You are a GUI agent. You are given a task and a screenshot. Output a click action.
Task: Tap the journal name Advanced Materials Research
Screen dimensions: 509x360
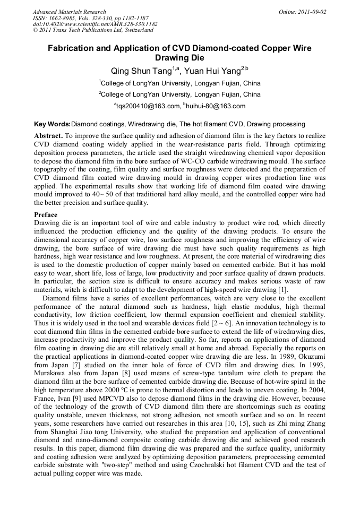70,12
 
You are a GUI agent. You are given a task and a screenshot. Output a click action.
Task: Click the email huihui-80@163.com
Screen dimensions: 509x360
216,106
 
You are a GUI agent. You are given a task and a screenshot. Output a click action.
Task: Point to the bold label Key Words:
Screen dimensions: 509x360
52,124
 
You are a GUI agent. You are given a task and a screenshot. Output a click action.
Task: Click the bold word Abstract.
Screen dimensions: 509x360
48,136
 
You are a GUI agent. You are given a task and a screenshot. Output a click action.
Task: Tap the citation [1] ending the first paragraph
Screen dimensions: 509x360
283,289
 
